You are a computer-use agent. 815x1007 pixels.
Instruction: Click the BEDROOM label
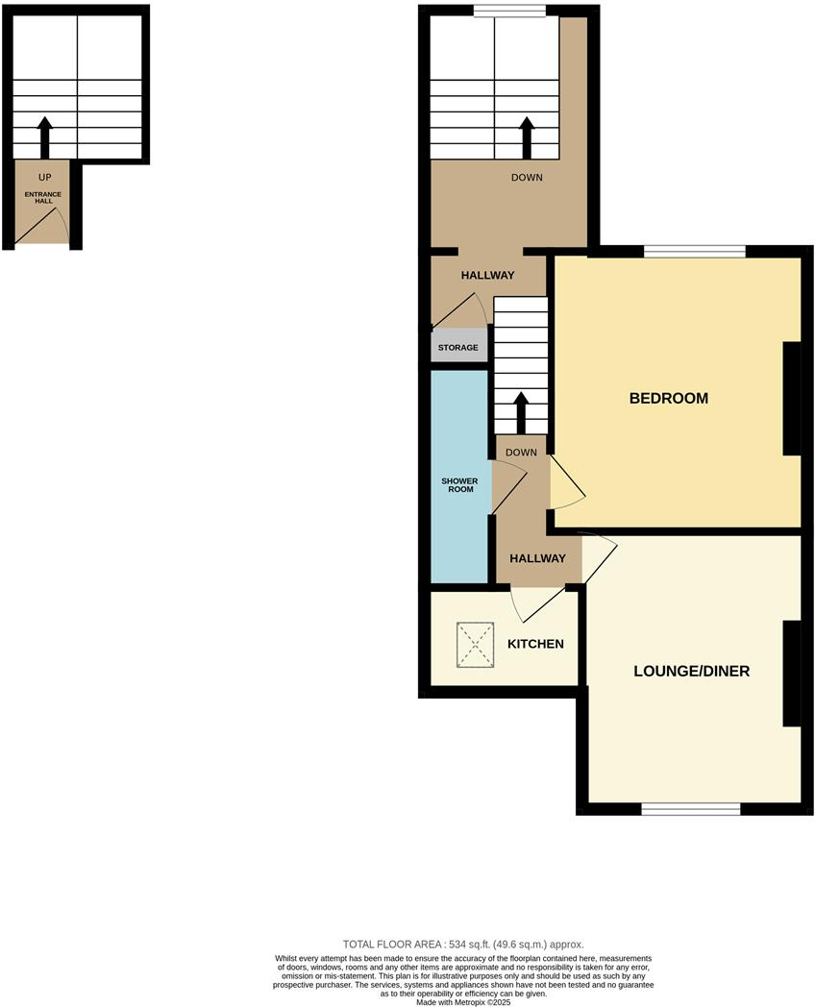click(x=668, y=398)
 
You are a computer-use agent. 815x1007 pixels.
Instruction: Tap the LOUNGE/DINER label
click(x=691, y=671)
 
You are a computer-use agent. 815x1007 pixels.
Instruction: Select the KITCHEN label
click(x=536, y=643)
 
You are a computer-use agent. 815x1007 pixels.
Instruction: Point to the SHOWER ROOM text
click(x=458, y=484)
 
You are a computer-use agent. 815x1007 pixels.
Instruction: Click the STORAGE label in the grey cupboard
click(x=458, y=347)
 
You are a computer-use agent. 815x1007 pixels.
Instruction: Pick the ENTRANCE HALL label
click(x=41, y=198)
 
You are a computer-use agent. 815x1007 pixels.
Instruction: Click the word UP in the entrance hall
click(x=44, y=178)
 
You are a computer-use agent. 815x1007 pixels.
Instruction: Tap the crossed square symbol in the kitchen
click(x=474, y=643)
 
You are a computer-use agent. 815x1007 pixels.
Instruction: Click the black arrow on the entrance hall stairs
click(x=44, y=137)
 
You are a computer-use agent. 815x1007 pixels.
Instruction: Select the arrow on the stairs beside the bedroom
click(x=521, y=413)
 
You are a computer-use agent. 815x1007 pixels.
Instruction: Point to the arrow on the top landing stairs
click(x=527, y=137)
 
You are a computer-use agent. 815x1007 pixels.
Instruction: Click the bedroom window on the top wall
click(x=694, y=252)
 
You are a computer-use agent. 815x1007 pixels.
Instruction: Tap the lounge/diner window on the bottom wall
click(x=690, y=809)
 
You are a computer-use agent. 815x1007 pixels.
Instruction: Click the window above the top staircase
click(x=510, y=12)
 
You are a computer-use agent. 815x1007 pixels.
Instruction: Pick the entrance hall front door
click(x=44, y=228)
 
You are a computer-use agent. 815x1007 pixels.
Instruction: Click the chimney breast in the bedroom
click(x=793, y=398)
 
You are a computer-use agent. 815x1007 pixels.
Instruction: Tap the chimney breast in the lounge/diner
click(x=793, y=673)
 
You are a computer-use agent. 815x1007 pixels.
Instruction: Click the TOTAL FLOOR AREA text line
click(x=463, y=945)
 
